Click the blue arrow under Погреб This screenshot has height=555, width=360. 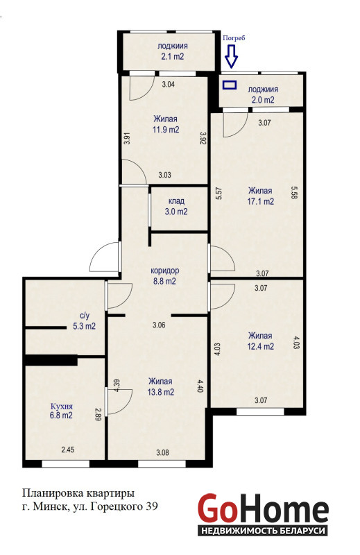pos(231,56)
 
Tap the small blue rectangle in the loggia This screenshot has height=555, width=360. pos(230,85)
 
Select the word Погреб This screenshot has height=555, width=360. pos(234,38)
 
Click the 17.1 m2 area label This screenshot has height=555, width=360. pos(261,202)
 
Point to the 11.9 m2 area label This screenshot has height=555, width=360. pos(166,130)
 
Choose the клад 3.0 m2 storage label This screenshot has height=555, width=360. pos(176,206)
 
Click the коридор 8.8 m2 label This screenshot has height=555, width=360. pos(165,276)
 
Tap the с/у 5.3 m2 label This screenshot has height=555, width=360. pos(84,321)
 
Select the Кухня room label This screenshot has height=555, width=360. pos(62,406)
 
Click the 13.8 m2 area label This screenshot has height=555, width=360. pos(161,392)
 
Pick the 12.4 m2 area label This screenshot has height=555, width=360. pos(261,346)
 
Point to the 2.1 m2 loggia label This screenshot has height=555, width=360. pos(173,56)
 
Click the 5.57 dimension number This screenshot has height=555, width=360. pos(218,194)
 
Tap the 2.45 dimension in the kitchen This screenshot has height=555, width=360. pos(67,450)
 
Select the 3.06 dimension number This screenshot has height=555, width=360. pos(159,325)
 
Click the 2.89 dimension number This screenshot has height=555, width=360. pos(98,414)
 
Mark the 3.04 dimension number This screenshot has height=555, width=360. pos(168,84)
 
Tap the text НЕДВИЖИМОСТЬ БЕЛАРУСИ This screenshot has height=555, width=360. pos(263,531)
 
